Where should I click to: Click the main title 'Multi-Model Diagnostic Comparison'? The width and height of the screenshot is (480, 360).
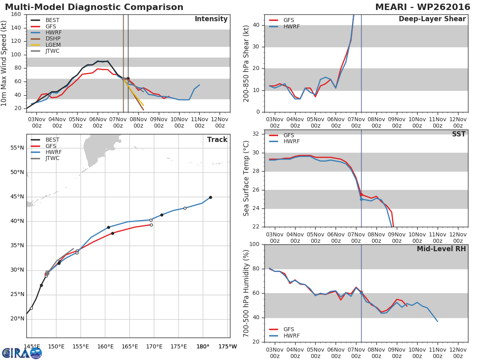pos(94,7)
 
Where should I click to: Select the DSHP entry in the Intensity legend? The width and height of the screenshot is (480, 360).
pos(52,39)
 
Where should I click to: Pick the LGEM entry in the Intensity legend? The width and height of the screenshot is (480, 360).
pos(52,45)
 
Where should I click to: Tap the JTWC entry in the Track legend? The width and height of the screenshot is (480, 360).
pos(52,158)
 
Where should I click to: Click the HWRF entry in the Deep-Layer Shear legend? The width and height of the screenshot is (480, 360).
pos(292,27)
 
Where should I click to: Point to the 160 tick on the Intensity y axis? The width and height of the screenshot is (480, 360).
pos(16,14)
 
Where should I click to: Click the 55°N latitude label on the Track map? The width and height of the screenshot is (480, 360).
pos(17,148)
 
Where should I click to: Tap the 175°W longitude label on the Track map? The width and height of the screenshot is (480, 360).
pos(227,347)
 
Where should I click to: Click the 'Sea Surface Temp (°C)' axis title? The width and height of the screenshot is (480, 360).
pos(247,178)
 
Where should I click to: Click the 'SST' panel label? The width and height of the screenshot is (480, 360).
pos(458,134)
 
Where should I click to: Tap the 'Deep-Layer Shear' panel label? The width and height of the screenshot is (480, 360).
pos(432,19)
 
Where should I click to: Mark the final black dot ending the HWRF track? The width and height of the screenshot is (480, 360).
pos(210,197)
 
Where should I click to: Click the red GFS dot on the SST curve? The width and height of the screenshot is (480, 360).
pos(361,194)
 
